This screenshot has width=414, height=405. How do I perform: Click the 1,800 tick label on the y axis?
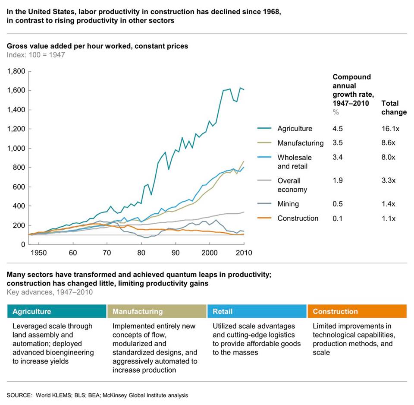(x=16, y=71)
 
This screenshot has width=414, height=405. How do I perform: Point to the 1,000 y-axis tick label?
(x=16, y=148)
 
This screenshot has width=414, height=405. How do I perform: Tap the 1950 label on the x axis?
(x=38, y=253)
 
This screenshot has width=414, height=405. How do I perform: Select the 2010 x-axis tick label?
(x=244, y=253)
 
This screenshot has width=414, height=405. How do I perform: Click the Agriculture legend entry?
(x=295, y=129)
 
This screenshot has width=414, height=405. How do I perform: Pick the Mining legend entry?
(x=288, y=204)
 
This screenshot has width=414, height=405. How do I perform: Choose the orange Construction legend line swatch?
(x=264, y=218)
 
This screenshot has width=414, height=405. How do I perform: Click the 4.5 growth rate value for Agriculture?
(x=337, y=129)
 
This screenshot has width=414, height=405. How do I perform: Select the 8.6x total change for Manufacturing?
(x=388, y=143)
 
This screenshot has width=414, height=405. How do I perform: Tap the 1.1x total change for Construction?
(x=389, y=218)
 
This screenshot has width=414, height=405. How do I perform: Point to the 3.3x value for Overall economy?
(x=389, y=180)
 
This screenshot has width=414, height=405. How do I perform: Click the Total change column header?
(x=394, y=108)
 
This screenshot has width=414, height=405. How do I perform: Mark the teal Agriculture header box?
(x=57, y=311)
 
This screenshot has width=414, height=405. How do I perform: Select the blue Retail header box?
(x=257, y=311)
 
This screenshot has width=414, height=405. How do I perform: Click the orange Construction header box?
(x=357, y=311)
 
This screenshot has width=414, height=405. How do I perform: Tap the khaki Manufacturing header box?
(x=157, y=311)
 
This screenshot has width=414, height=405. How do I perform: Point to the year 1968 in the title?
(x=271, y=12)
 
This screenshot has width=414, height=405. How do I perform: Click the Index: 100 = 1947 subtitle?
(x=36, y=55)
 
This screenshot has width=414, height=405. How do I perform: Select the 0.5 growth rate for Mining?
(x=337, y=204)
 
